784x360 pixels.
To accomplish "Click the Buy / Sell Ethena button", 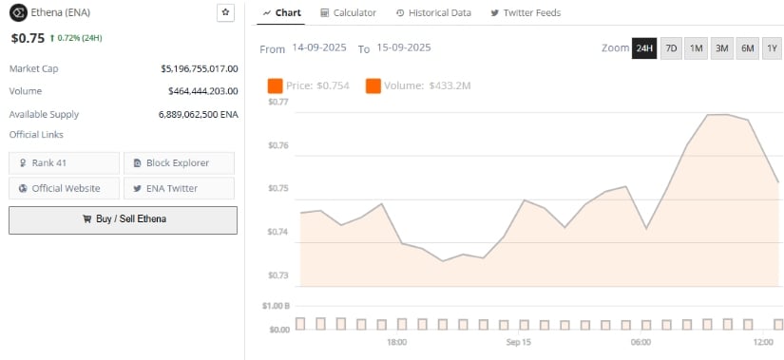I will [123, 219].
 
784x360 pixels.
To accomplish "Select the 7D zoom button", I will [670, 48].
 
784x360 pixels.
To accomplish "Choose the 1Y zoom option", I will [771, 48].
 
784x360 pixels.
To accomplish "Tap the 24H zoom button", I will [643, 48].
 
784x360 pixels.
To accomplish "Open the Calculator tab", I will [348, 13].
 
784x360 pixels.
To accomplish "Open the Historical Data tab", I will [432, 13].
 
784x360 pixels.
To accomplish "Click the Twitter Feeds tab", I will [526, 13].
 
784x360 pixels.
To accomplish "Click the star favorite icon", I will [224, 12].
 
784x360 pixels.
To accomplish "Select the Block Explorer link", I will [179, 163].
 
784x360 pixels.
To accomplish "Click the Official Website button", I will [65, 188].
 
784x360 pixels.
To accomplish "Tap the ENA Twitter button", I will [179, 188].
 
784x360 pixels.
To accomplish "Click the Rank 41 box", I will [65, 163].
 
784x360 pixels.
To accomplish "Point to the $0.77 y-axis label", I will [278, 102].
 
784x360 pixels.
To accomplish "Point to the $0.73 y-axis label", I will [278, 275].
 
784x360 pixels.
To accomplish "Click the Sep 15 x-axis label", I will [519, 342].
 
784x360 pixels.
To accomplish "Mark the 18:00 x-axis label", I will [397, 342].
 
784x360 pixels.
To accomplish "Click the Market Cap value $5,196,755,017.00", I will [200, 69].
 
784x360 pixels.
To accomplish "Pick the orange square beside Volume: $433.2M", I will [373, 86].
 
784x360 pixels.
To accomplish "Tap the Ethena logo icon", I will [17, 13].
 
